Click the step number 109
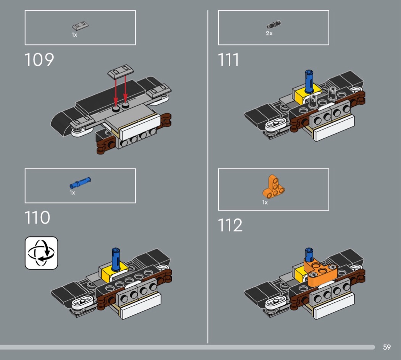tap(39, 60)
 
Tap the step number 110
tap(37, 218)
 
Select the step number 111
tap(228, 60)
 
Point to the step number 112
tap(230, 225)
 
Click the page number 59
tap(387, 347)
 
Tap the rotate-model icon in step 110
tap(41, 253)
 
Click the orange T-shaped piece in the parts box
tap(273, 187)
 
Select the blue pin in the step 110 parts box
tap(80, 182)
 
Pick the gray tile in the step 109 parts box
tap(80, 26)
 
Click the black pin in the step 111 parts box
tap(274, 24)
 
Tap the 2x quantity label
tap(269, 33)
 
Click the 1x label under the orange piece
tap(265, 203)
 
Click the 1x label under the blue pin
tap(73, 193)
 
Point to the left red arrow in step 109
tap(116, 92)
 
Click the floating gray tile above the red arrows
tap(121, 71)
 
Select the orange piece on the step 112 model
tap(321, 272)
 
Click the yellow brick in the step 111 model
tap(307, 94)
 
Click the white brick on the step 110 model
tap(140, 305)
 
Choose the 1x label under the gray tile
tap(74, 35)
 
